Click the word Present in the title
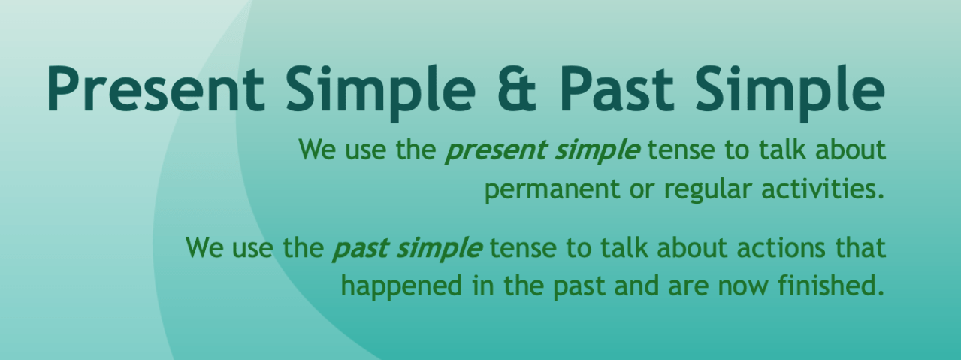coord(156,89)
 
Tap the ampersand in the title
coord(517,89)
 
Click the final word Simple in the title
coord(790,93)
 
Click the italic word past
coord(361,250)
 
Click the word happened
coord(402,286)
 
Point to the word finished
coord(832,286)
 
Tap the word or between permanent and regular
coord(642,192)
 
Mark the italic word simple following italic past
coord(439,250)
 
